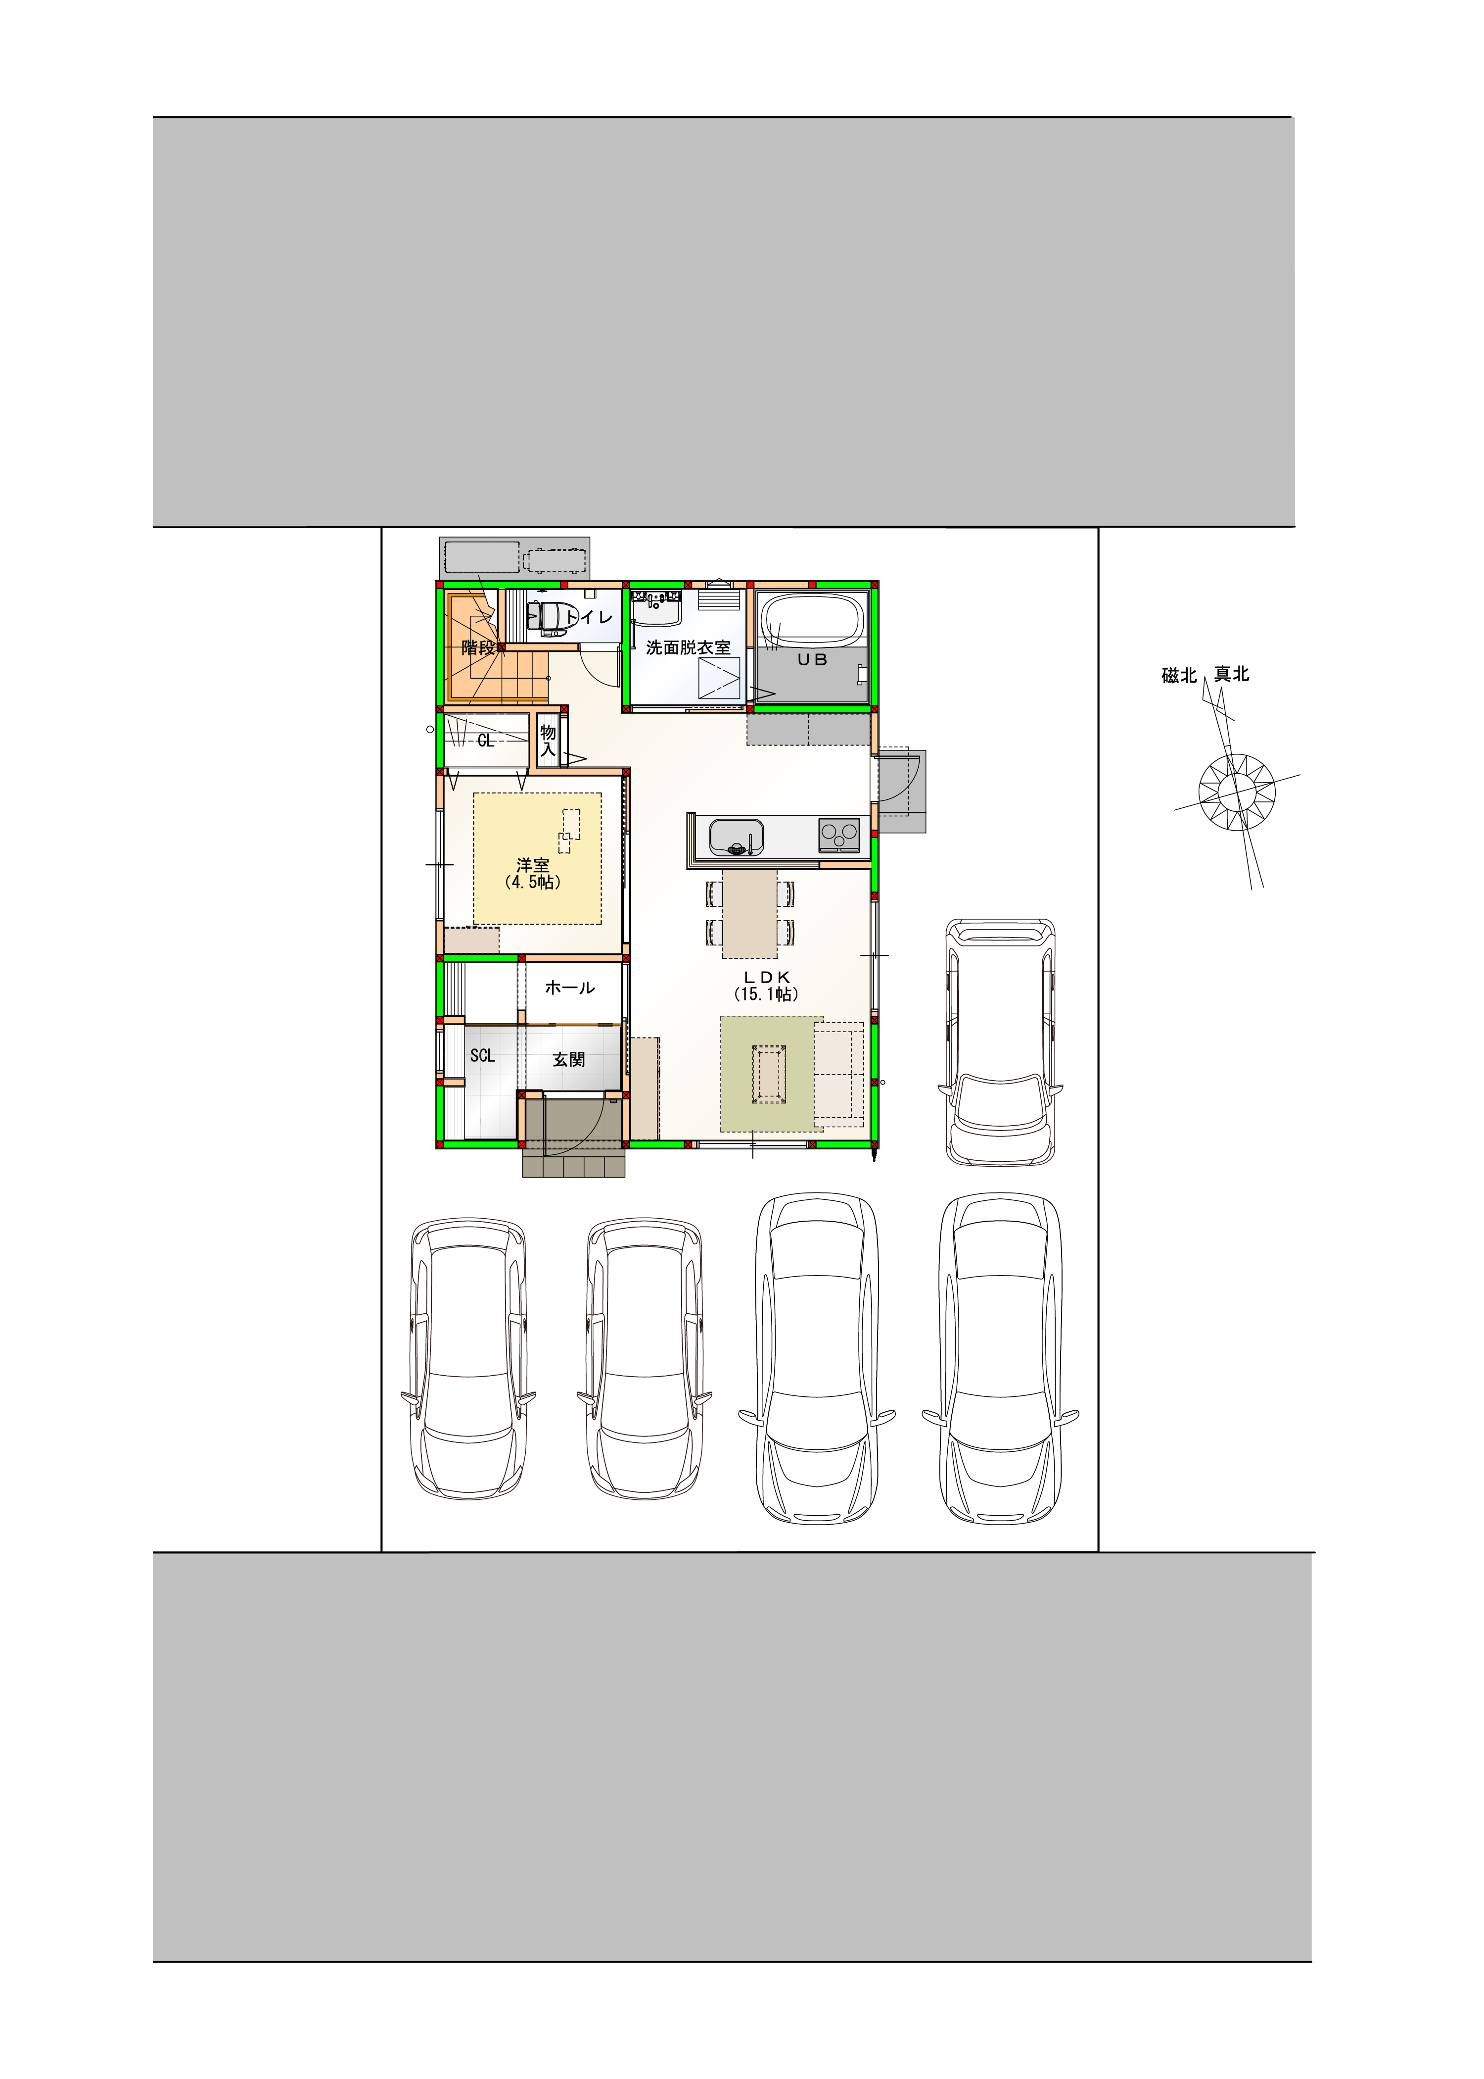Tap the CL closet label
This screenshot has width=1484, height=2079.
pos(485,741)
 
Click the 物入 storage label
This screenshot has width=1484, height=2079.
pos(548,741)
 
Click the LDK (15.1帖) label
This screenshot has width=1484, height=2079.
pos(767,986)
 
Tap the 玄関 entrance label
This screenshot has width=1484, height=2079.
pos(568,1059)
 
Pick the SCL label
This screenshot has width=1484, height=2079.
pos(482,1055)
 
